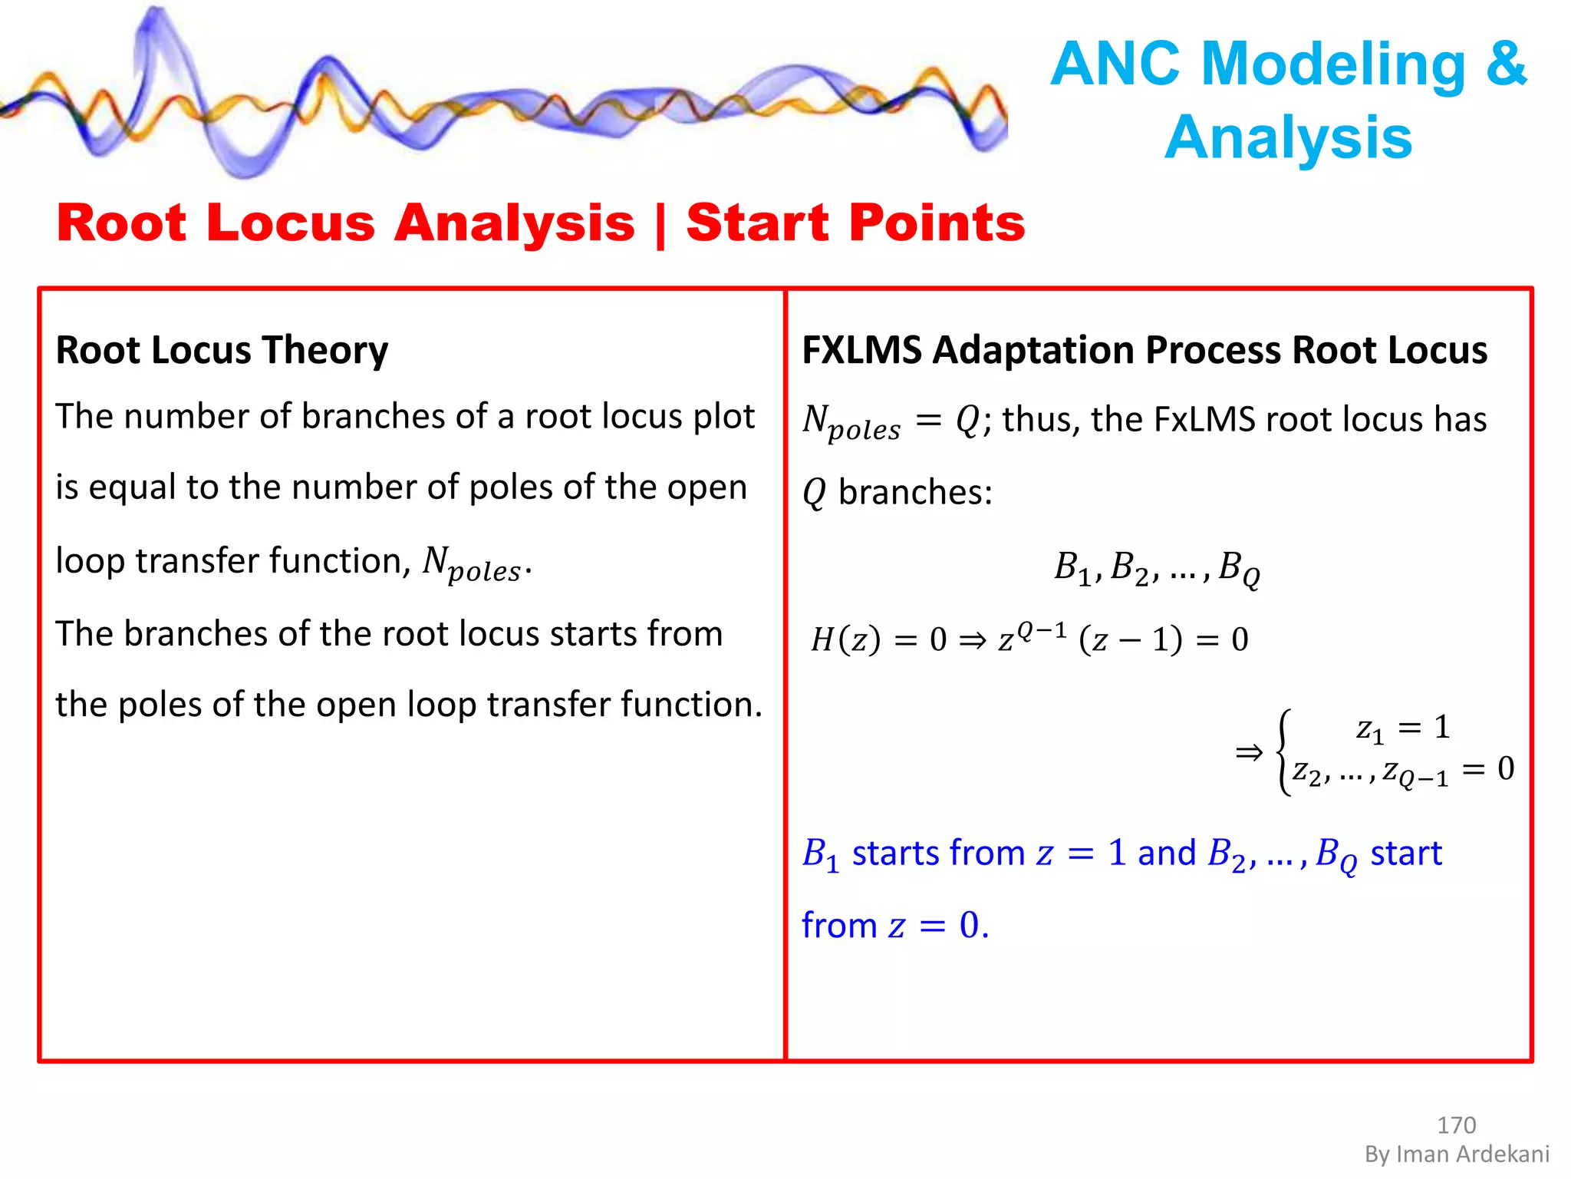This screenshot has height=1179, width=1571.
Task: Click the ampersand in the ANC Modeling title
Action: [1506, 64]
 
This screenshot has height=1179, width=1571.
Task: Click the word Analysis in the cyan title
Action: [1289, 137]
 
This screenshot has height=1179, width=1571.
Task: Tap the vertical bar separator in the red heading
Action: [660, 224]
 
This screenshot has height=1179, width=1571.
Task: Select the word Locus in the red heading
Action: [291, 223]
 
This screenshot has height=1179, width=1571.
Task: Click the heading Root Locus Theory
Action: [222, 350]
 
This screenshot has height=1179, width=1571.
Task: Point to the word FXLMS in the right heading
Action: [861, 350]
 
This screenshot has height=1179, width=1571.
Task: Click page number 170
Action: [1456, 1125]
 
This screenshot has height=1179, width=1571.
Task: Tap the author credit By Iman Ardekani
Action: [1457, 1154]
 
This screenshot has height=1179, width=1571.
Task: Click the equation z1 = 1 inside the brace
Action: [1403, 727]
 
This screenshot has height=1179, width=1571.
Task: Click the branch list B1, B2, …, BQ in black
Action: [1157, 569]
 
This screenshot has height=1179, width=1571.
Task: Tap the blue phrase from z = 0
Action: [895, 926]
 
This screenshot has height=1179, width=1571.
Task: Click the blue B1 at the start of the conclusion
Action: [820, 854]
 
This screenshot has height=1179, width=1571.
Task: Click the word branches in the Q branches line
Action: [915, 492]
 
